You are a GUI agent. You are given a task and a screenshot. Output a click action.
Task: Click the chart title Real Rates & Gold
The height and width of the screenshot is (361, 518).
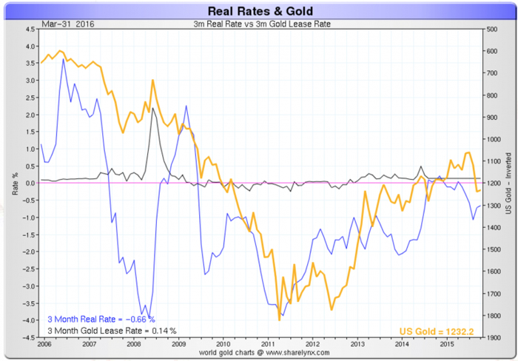(x=258, y=10)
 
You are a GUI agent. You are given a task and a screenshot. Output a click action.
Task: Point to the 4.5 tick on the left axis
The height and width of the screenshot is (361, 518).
(x=30, y=30)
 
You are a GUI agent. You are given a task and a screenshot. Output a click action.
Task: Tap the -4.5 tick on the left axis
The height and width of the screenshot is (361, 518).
(x=29, y=337)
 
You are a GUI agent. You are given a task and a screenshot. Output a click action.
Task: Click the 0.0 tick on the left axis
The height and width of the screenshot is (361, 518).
(x=30, y=183)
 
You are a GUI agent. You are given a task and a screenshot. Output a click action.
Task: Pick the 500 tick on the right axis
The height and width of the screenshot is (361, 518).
(x=490, y=30)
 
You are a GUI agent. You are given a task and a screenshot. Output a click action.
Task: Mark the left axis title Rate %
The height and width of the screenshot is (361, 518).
(x=15, y=183)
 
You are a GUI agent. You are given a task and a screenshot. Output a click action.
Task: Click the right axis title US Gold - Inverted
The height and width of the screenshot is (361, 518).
(x=508, y=183)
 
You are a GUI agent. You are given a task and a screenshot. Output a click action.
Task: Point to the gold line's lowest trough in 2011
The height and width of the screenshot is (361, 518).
(x=279, y=320)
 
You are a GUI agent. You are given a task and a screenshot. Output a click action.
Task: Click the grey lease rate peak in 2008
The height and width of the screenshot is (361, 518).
(x=152, y=108)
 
